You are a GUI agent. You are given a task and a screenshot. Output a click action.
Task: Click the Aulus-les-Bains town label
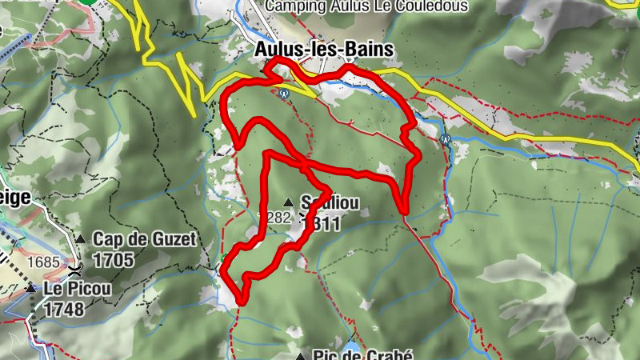point(324,50)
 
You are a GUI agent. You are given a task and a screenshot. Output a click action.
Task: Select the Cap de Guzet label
point(144,238)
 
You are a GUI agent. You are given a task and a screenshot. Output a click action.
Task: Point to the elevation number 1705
point(113,260)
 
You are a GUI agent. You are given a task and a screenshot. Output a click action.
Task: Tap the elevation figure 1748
point(65,310)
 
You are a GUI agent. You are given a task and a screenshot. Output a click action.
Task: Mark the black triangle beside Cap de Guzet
point(80,238)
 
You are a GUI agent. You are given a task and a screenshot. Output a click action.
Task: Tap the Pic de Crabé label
point(351,354)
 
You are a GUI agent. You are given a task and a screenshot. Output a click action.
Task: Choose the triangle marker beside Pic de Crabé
point(301,355)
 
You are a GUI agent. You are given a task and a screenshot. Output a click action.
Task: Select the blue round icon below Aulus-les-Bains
point(283,93)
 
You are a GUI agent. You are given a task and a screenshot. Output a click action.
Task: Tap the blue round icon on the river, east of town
point(446,139)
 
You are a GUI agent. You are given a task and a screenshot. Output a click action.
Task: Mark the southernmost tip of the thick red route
point(241,302)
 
